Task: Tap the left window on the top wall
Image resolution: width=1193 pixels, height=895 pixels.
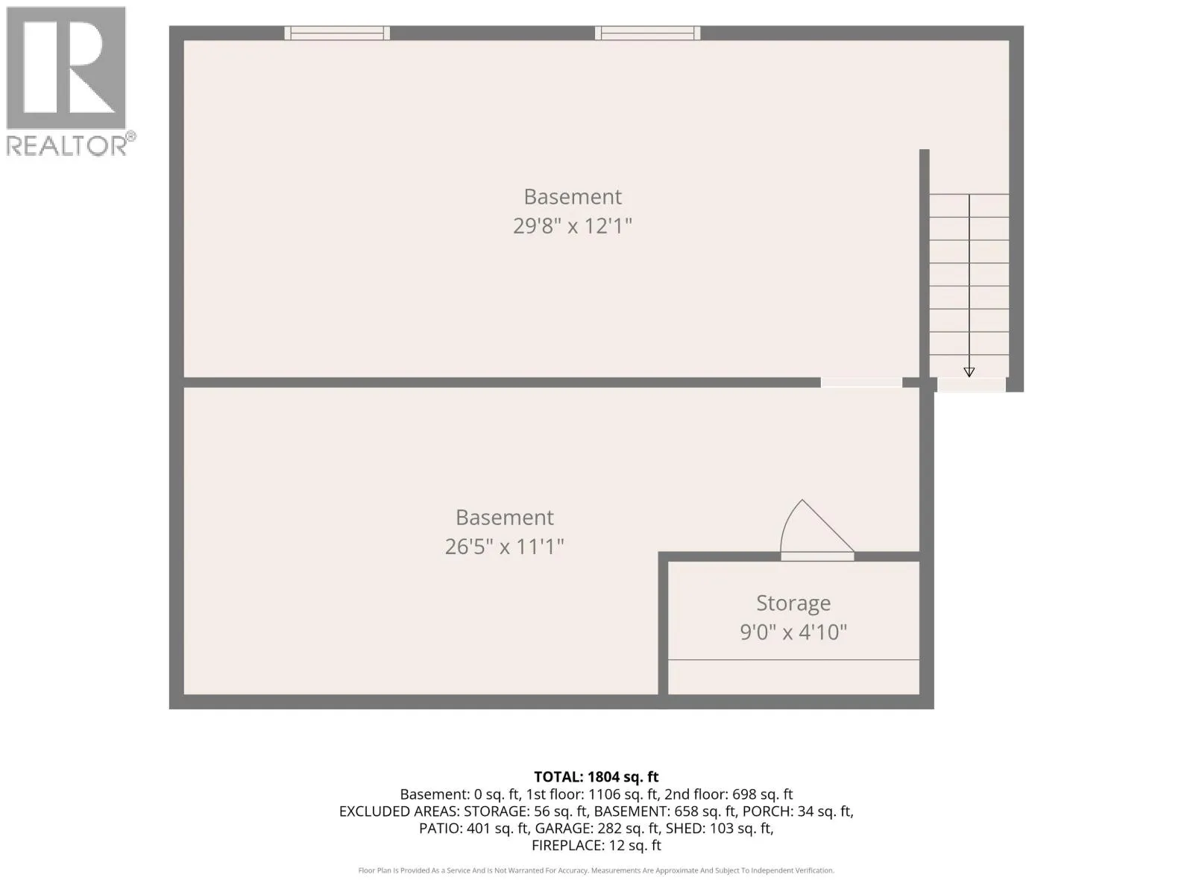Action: coord(337,33)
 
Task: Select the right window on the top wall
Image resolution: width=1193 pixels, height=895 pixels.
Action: coord(647,33)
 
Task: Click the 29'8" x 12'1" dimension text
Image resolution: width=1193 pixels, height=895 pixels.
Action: coord(573,225)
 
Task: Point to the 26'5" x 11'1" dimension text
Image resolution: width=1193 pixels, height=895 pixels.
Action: coord(504,546)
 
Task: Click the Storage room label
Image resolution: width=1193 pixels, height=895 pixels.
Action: coord(793,603)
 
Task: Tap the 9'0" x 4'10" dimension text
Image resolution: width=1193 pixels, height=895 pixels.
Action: coord(793,632)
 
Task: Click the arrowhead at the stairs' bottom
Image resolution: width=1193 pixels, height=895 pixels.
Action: coord(969,372)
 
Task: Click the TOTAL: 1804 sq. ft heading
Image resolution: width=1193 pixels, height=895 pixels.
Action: coord(596,776)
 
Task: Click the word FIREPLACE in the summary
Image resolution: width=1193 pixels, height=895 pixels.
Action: coord(566,846)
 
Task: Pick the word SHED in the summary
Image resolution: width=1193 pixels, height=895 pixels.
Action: coord(725,828)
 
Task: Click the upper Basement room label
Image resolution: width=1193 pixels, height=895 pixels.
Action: coord(573,197)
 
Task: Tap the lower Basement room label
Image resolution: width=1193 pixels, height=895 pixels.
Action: coord(504,518)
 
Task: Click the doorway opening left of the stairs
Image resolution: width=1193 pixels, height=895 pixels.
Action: coord(861,383)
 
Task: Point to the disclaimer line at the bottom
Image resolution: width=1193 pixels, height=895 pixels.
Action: coord(596,870)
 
